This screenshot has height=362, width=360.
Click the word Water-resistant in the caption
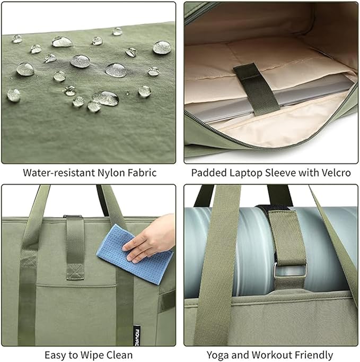[x=59, y=173]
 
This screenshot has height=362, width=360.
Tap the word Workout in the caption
[x=272, y=355]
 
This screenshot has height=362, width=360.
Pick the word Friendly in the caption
[x=314, y=355]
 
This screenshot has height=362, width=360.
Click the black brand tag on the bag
[x=137, y=335]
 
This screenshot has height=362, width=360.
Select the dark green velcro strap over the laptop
[x=257, y=89]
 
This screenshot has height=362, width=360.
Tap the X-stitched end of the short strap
[x=75, y=271]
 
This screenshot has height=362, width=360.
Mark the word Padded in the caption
[x=209, y=173]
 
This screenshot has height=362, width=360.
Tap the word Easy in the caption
[x=55, y=355]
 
